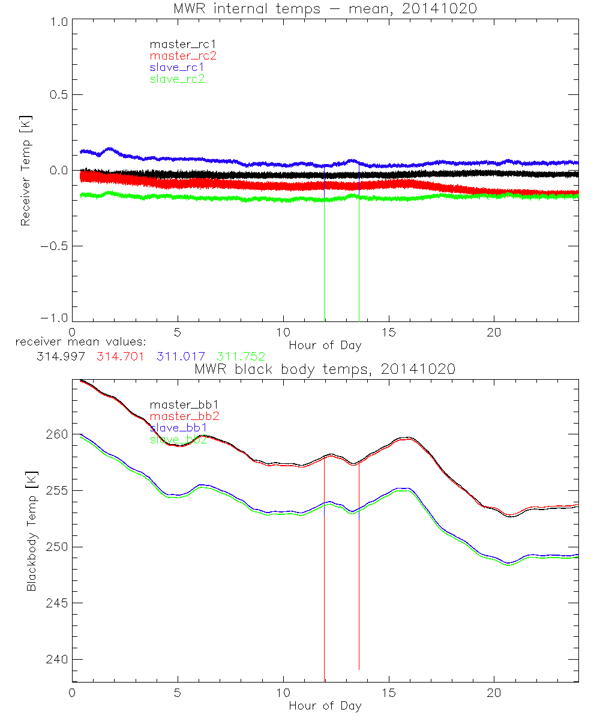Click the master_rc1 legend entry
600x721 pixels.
pyautogui.click(x=177, y=44)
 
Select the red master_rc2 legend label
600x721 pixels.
pyautogui.click(x=182, y=55)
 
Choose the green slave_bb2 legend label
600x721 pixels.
pyautogui.click(x=179, y=439)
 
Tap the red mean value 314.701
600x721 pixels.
pyautogui.click(x=120, y=356)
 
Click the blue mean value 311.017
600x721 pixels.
pyautogui.click(x=181, y=356)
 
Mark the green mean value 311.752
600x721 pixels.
pyautogui.click(x=241, y=356)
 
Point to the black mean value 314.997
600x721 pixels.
pyautogui.click(x=59, y=356)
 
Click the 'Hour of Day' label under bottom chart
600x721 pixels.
pyautogui.click(x=325, y=705)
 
